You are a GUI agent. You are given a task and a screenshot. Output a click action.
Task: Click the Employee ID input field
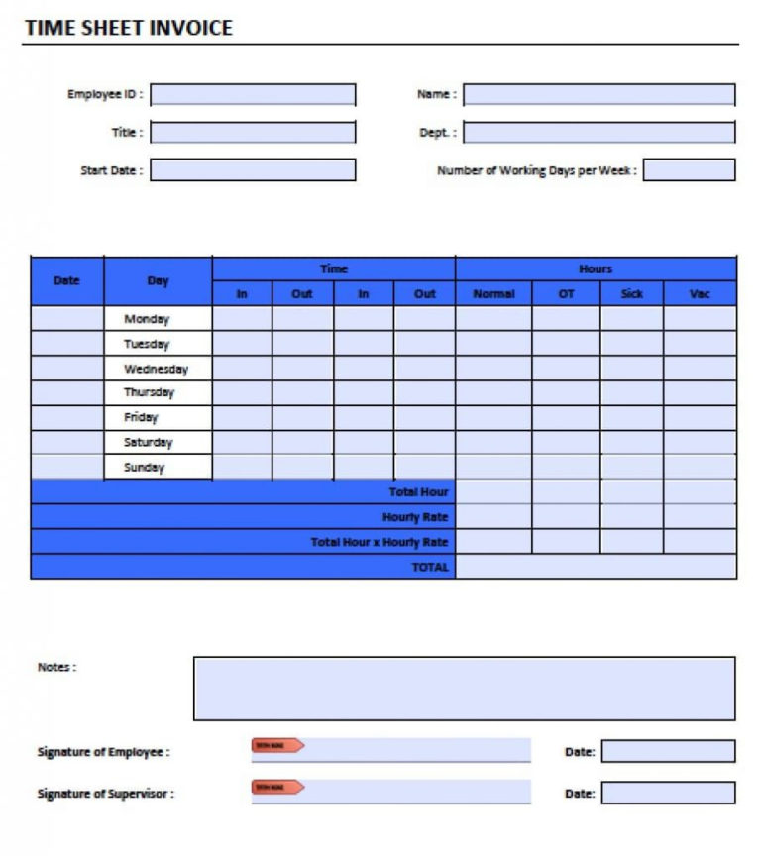(x=253, y=95)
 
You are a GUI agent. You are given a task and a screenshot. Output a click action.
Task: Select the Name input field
(x=598, y=95)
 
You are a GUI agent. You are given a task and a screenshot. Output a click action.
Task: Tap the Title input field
(x=253, y=133)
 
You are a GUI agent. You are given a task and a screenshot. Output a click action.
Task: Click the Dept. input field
(x=598, y=133)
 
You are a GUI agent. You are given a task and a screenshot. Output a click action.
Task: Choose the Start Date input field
(x=253, y=170)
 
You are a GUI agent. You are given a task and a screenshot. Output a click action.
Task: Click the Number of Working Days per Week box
(x=689, y=170)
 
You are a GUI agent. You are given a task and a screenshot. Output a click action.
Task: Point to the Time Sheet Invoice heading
(x=128, y=28)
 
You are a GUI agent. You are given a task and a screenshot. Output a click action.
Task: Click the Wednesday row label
(x=157, y=369)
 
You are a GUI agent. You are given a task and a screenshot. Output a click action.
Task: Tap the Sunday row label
(x=145, y=467)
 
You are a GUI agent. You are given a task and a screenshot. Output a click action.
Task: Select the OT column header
(x=566, y=294)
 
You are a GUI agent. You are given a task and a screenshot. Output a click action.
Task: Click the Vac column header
(x=700, y=294)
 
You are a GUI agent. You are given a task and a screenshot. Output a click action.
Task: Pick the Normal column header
(x=493, y=294)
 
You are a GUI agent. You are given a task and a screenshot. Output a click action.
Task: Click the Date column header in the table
(x=66, y=281)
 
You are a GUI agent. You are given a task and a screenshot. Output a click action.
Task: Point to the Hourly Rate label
(x=415, y=517)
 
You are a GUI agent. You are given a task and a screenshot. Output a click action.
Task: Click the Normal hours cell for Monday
(x=493, y=319)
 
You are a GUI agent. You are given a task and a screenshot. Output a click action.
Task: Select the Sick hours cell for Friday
(x=631, y=418)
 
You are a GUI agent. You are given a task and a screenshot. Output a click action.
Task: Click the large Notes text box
(x=464, y=689)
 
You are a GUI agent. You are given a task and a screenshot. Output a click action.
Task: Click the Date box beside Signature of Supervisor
(x=668, y=793)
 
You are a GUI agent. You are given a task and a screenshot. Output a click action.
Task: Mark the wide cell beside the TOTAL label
(x=596, y=567)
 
